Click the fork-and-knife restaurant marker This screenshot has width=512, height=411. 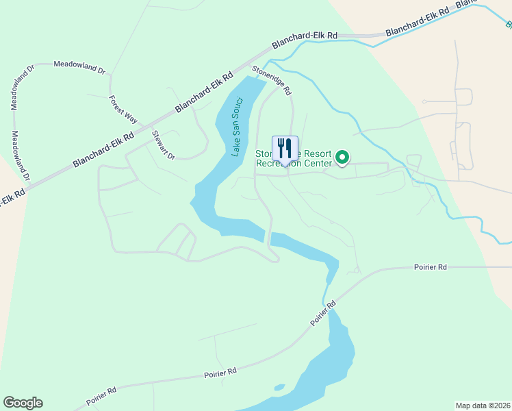click(285, 148)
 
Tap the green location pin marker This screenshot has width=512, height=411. click(343, 159)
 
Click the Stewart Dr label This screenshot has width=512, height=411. click(164, 145)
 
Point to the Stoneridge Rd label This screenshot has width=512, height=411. click(272, 79)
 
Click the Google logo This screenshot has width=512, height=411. click(23, 403)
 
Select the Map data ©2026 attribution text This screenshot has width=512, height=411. click(483, 405)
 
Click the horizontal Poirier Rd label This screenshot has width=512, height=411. click(430, 266)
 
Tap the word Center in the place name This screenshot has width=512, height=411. click(317, 164)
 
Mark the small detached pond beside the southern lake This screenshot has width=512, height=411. click(279, 388)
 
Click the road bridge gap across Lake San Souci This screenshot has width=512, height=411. click(268, 236)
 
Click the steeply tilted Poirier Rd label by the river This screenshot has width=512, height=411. click(322, 312)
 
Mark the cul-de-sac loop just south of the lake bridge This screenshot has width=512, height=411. click(274, 256)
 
